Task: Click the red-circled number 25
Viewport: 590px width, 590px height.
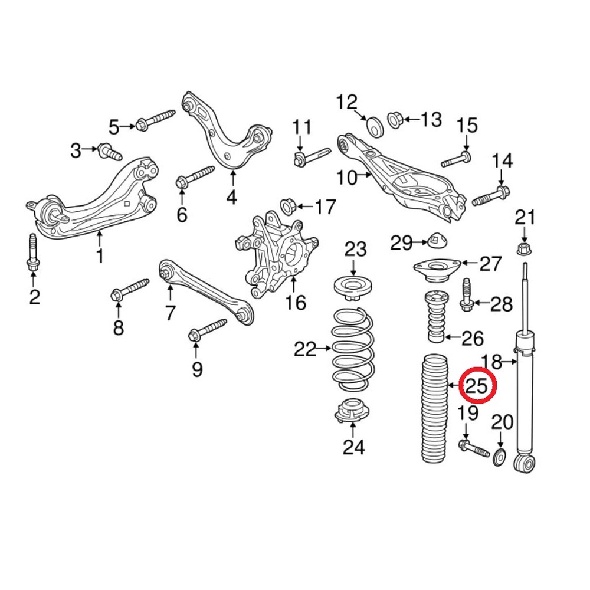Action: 477,385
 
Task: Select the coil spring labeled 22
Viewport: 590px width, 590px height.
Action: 353,349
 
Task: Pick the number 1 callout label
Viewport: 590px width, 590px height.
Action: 100,255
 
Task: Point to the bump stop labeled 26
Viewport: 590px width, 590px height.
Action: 437,317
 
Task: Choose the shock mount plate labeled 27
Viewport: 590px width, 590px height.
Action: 437,271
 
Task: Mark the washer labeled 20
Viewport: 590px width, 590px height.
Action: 499,458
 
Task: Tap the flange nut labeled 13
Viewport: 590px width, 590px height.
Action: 395,120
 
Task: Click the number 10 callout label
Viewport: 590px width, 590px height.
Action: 346,178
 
